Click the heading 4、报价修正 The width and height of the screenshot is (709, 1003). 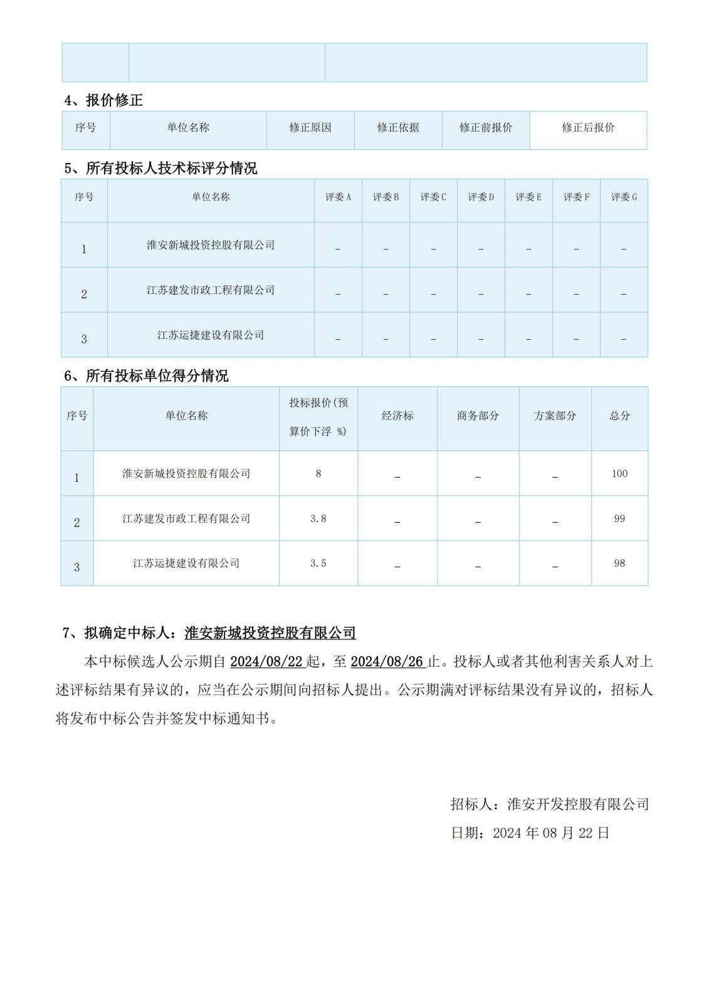pyautogui.click(x=104, y=100)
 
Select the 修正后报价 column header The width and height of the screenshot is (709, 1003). pyautogui.click(x=588, y=128)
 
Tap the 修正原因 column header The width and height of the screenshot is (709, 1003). pyautogui.click(x=310, y=128)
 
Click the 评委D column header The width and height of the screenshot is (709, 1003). pyautogui.click(x=481, y=197)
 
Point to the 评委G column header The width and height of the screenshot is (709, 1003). pyautogui.click(x=624, y=197)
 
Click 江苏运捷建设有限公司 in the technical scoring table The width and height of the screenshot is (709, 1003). pyautogui.click(x=211, y=335)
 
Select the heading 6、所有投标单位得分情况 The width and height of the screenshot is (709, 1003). pyautogui.click(x=147, y=376)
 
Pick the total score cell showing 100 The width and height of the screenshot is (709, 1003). pyautogui.click(x=619, y=474)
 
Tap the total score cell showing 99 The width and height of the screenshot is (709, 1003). pyautogui.click(x=619, y=519)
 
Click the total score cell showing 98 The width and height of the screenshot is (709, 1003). pyautogui.click(x=619, y=564)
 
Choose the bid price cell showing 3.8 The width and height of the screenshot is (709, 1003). pyautogui.click(x=318, y=519)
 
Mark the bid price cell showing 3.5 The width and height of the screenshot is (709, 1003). pyautogui.click(x=318, y=564)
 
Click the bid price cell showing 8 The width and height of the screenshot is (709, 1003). pyautogui.click(x=318, y=474)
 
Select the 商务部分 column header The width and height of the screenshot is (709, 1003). pyautogui.click(x=478, y=416)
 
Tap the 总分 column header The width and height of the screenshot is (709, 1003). pyautogui.click(x=619, y=416)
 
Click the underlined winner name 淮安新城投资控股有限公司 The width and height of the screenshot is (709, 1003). pyautogui.click(x=270, y=633)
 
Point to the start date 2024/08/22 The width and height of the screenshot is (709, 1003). pyautogui.click(x=266, y=662)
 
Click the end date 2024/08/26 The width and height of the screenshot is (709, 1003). pyautogui.click(x=387, y=662)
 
